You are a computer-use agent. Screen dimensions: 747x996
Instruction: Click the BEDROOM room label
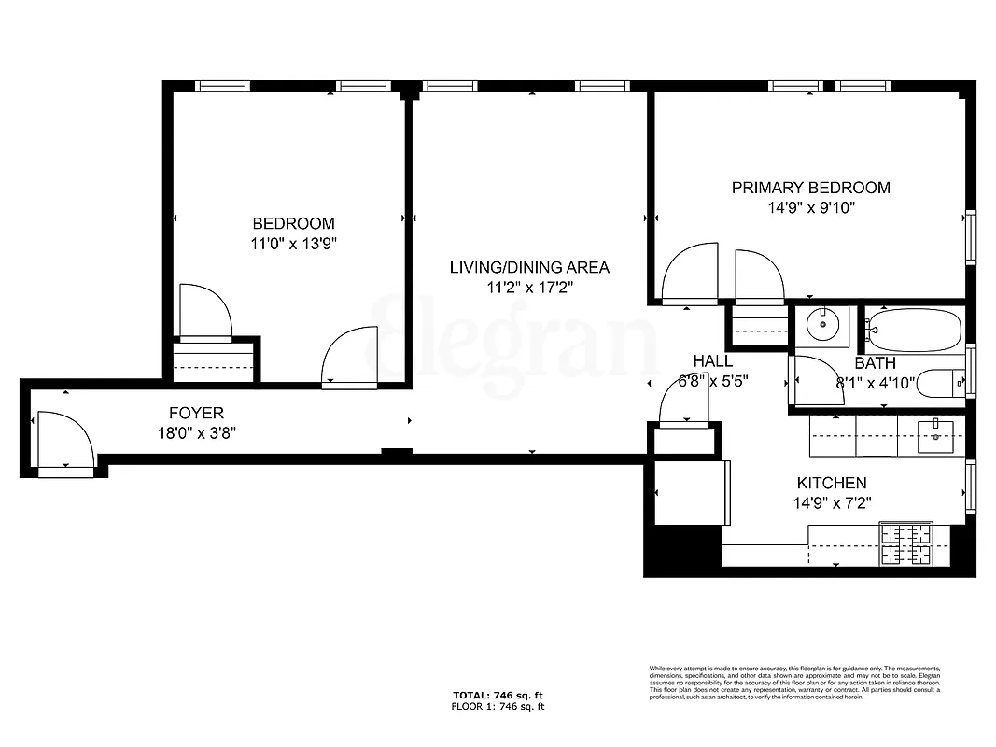point(293,224)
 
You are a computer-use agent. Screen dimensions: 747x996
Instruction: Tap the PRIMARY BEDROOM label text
point(810,188)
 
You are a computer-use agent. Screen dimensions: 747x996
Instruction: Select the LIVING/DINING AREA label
point(529,268)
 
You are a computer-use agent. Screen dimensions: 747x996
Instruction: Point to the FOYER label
point(196,413)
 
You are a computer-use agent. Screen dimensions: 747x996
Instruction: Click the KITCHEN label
point(831,484)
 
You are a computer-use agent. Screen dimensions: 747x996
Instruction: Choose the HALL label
point(712,361)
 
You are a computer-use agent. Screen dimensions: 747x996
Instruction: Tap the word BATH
point(875,363)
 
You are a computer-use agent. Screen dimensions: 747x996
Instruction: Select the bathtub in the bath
point(914,328)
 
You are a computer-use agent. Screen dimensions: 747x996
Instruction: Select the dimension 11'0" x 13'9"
point(293,245)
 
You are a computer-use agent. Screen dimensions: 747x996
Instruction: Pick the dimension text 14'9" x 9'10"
point(810,208)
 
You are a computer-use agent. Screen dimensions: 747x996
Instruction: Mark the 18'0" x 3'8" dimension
point(196,432)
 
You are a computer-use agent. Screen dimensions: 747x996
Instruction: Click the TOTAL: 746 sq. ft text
point(498,696)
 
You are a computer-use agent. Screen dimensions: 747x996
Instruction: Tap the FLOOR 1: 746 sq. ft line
point(498,707)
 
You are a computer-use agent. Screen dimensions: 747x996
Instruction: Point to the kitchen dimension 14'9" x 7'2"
point(831,503)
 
